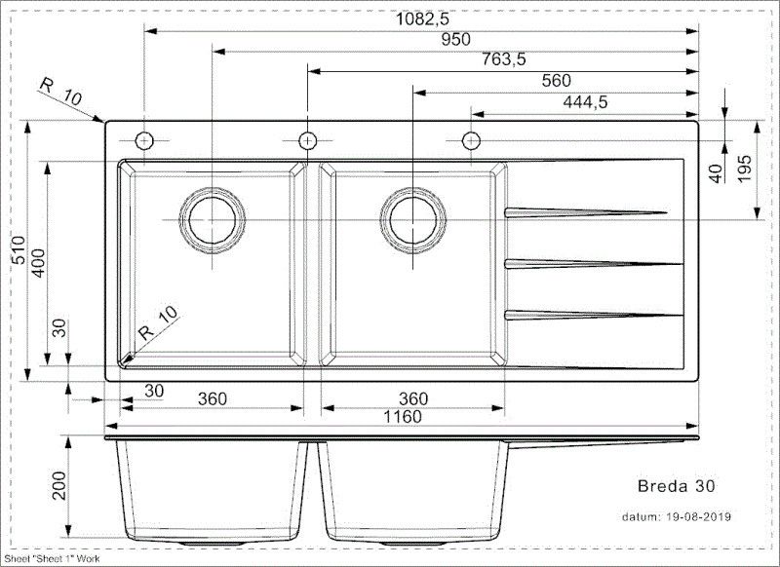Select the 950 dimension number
point(455,39)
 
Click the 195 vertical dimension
point(744,170)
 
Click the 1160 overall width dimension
point(402,417)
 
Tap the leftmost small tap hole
point(143,139)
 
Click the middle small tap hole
point(307,138)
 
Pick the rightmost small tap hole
point(471,139)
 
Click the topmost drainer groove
point(585,211)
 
